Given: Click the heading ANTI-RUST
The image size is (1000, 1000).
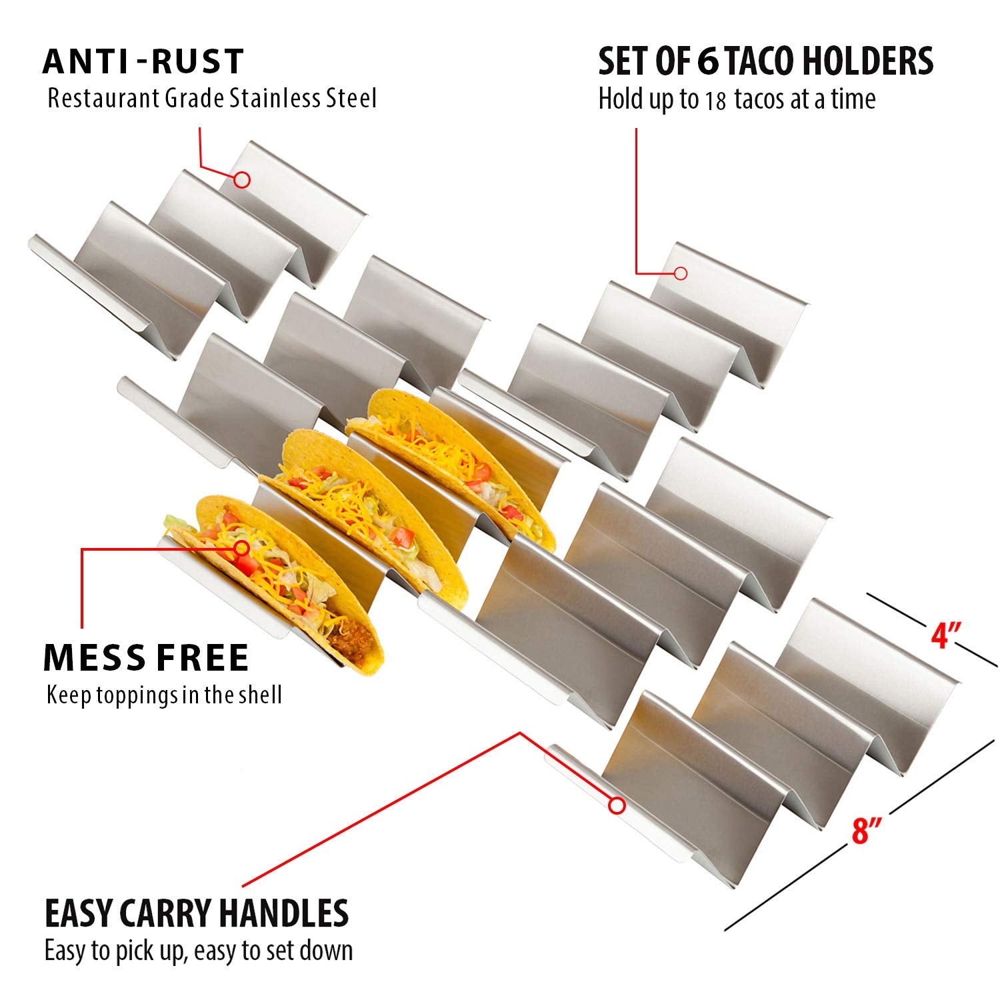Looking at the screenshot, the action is click(143, 61).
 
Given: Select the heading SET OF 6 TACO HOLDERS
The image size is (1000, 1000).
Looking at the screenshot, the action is click(765, 61).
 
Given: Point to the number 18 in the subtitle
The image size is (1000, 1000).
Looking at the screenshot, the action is click(715, 101).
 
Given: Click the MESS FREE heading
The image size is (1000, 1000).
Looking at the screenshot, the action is click(146, 657).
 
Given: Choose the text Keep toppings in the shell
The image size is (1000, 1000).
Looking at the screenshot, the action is click(164, 695).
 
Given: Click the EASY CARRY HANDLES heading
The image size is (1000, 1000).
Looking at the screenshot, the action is click(197, 913).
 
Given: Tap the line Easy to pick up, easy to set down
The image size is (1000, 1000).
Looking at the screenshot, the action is click(199, 951).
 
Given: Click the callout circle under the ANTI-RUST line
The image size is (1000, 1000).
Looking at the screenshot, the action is click(242, 179).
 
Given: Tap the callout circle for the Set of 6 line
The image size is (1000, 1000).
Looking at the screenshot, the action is click(681, 273).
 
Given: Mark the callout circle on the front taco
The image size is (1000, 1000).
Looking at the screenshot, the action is click(242, 548).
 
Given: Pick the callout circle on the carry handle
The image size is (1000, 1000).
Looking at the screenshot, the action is click(617, 805).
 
